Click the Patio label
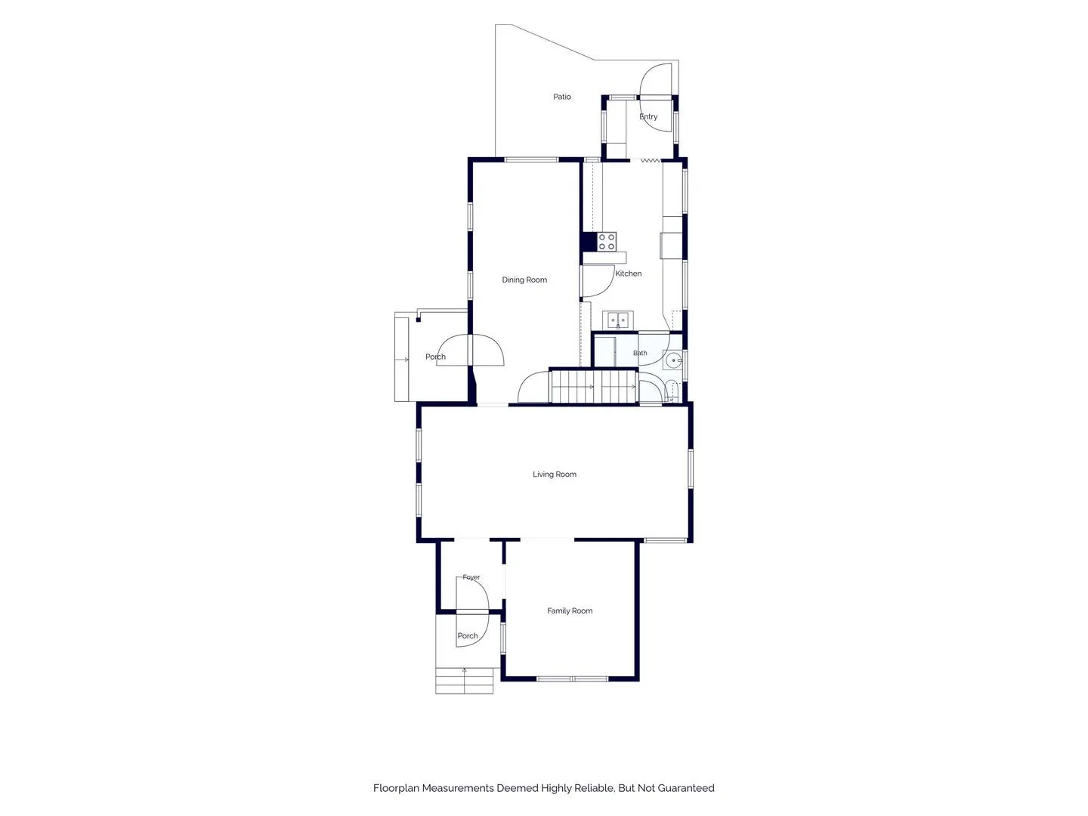[x=561, y=97]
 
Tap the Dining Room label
[x=524, y=280]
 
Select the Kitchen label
[x=628, y=273]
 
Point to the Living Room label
[x=554, y=474]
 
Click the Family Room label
[x=570, y=611]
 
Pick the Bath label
[x=640, y=353]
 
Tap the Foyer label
[x=471, y=577]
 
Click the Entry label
[x=648, y=116]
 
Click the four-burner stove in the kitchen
[x=607, y=242]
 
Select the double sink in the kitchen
[x=617, y=320]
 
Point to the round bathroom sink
[x=673, y=360]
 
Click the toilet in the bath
[x=672, y=390]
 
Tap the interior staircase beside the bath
[x=593, y=386]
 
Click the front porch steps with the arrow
[x=464, y=680]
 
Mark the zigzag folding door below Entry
[x=651, y=160]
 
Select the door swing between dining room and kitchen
[x=598, y=281]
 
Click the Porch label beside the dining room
[x=435, y=357]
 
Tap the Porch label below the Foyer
[x=468, y=635]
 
